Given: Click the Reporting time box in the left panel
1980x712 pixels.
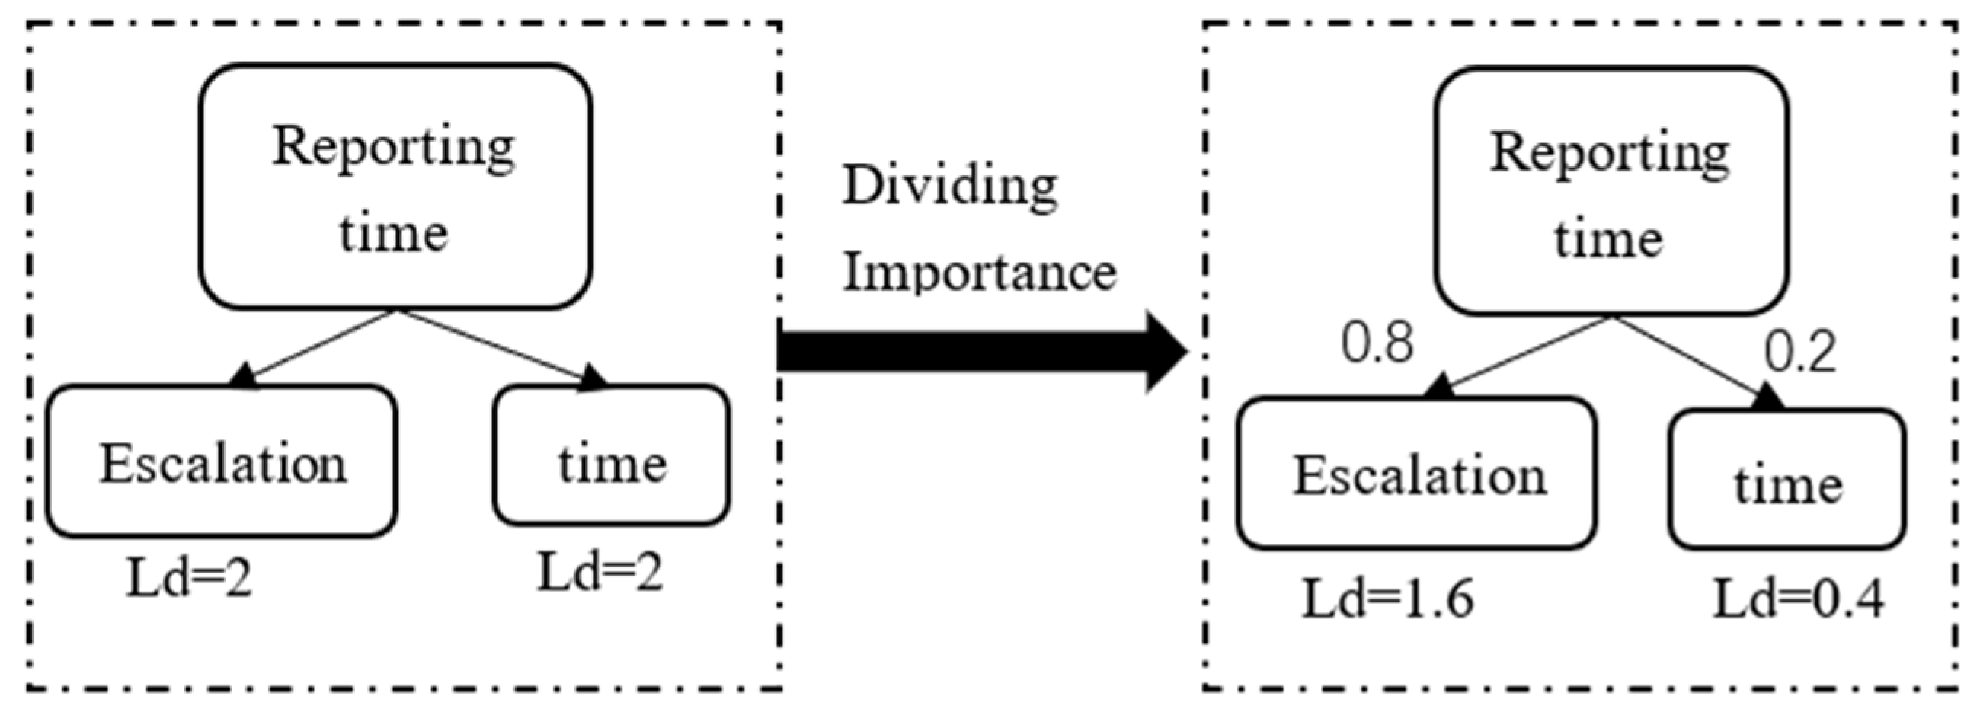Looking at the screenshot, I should point(395,187).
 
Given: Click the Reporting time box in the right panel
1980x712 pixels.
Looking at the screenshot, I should point(1611,191).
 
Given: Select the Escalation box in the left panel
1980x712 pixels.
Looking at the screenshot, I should point(222,461).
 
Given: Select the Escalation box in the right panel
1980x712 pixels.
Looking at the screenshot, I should point(1417,474).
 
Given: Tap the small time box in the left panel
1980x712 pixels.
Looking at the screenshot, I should point(612,456).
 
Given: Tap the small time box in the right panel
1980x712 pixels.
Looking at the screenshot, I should point(1788,481).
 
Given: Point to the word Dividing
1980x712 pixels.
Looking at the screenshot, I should point(950,187).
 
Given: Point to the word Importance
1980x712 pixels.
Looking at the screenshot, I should point(979,273).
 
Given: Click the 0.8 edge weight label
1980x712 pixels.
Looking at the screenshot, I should point(1377,343).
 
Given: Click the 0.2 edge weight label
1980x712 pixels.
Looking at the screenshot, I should point(1800,353).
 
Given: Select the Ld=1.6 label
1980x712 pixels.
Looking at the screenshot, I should point(1388,599).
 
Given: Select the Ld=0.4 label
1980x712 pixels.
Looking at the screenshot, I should point(1799,599).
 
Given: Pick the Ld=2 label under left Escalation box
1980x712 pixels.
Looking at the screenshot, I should point(189,577).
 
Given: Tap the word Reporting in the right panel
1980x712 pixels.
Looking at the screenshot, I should point(1610,153).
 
